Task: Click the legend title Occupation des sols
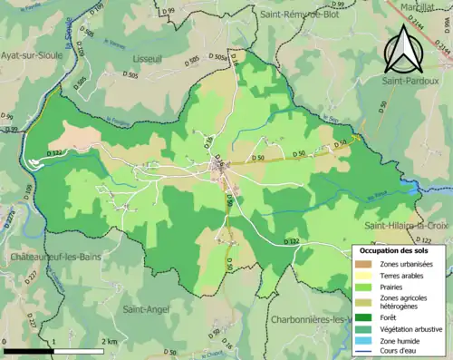tap(396, 250)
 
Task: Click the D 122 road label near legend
tap(291, 241)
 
